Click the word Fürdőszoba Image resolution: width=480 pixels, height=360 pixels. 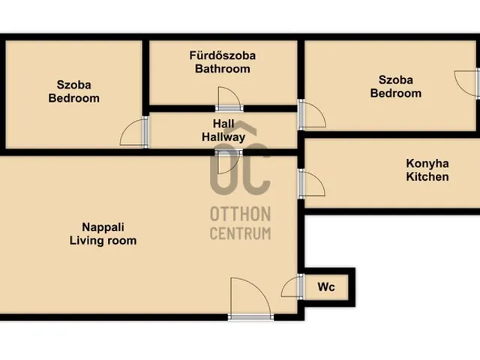click(222, 55)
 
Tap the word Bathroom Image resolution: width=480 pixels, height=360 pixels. click(222, 69)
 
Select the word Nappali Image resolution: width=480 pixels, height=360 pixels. click(102, 227)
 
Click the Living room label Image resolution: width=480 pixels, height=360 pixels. click(103, 241)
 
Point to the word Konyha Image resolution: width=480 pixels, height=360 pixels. click(427, 163)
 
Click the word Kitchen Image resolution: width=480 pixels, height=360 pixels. click(427, 177)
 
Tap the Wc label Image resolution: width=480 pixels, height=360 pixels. click(326, 286)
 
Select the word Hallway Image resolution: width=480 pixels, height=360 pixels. click(223, 137)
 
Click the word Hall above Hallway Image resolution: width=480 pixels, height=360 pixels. click(223, 124)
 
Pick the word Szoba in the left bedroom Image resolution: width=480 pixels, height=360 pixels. click(73, 84)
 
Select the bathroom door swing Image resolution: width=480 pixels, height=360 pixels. click(229, 98)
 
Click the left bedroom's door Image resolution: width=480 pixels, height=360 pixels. click(135, 132)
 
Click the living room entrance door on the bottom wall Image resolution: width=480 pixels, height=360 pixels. click(250, 298)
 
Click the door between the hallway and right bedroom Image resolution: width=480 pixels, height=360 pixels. click(311, 114)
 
